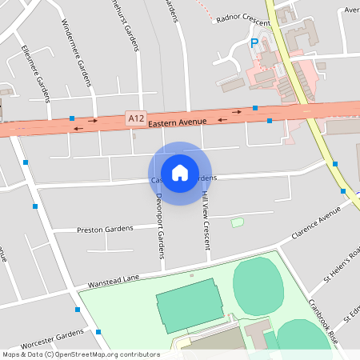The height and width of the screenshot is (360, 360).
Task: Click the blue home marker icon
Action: [180, 172]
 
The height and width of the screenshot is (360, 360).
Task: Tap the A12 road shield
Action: [136, 118]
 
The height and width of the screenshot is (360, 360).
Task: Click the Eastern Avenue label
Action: [178, 121]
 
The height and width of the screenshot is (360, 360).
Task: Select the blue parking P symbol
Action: [254, 43]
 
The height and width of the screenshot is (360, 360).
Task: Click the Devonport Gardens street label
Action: [160, 226]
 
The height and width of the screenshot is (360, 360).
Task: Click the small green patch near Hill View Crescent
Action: [238, 222]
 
